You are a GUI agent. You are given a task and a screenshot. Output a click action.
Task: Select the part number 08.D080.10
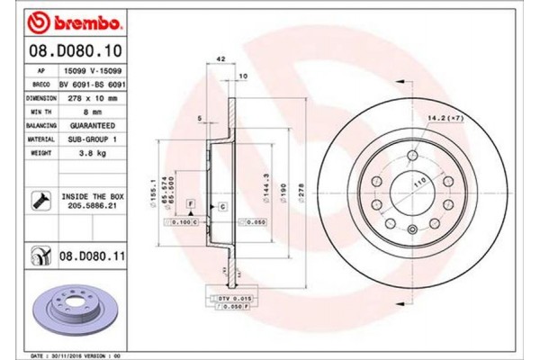pyautogui.click(x=67, y=51)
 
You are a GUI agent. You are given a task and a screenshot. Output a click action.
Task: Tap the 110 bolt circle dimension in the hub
pyautogui.click(x=418, y=184)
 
